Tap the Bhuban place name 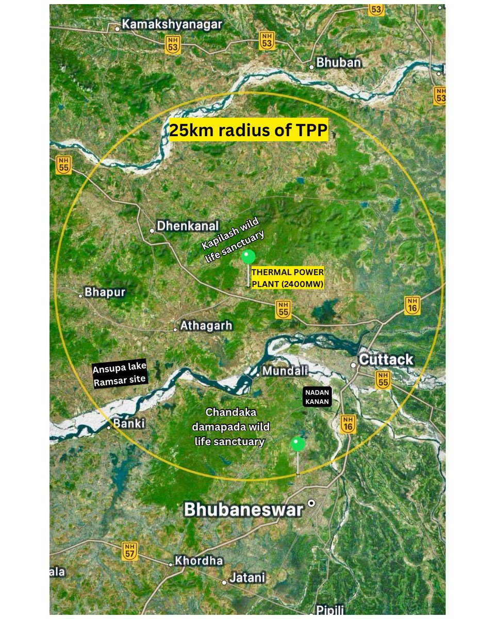pos(338,63)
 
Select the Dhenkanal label pos(188,226)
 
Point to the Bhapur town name pos(105,292)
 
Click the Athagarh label pos(206,326)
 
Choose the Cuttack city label pos(386,360)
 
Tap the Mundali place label pos(285,371)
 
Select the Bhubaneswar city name pos(243,510)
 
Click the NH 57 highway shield pos(130,550)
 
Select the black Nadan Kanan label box pos(316,397)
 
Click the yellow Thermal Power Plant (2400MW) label pos(287,278)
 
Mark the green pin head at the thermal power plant pos(249,256)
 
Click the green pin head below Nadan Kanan pos(298,444)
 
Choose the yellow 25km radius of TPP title pos(249,132)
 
